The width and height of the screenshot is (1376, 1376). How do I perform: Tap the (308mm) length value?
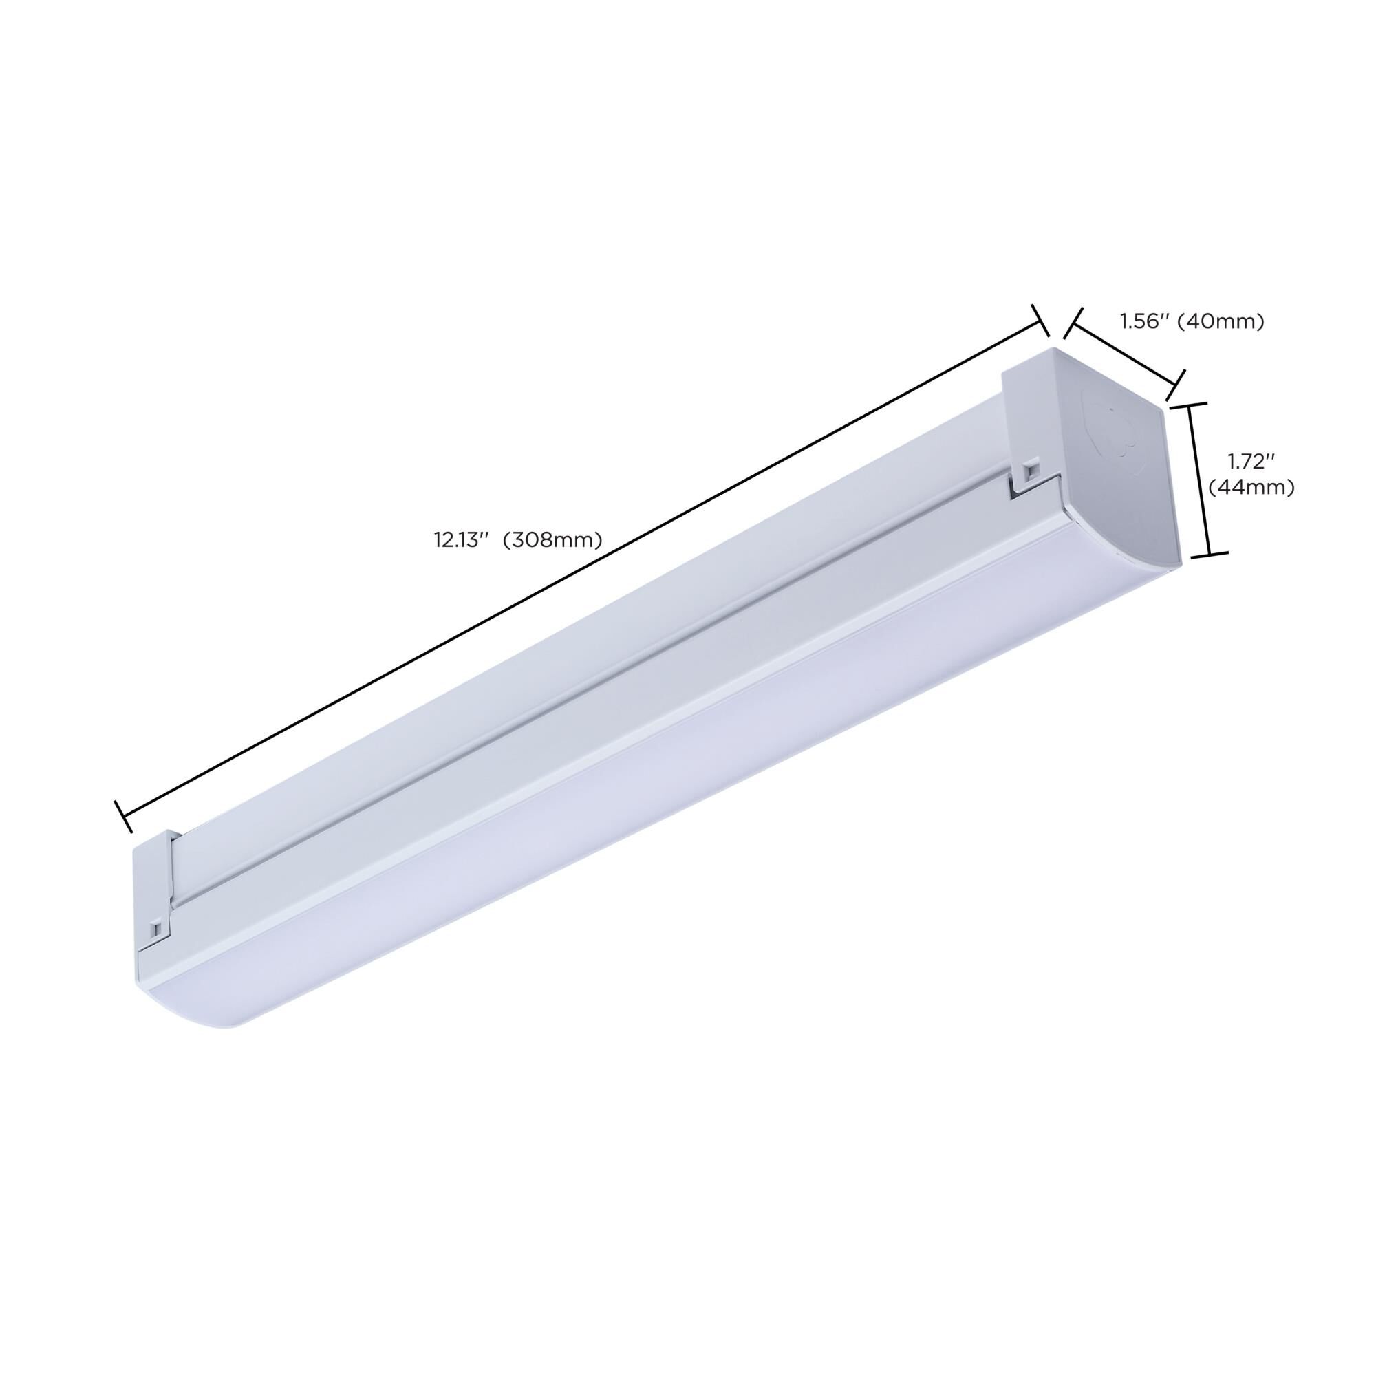(552, 541)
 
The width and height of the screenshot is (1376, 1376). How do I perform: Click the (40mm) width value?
(1220, 322)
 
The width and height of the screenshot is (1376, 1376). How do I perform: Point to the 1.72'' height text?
(1251, 462)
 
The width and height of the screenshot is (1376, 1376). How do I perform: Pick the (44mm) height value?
(1251, 488)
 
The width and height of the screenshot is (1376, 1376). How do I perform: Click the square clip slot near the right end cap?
(1030, 470)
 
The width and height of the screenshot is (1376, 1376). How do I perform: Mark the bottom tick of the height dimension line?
(1210, 553)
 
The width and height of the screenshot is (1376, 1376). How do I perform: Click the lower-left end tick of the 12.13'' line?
(123, 816)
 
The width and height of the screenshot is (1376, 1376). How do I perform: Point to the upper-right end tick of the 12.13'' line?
(1041, 321)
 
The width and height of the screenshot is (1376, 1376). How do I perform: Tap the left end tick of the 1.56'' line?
(1073, 323)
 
